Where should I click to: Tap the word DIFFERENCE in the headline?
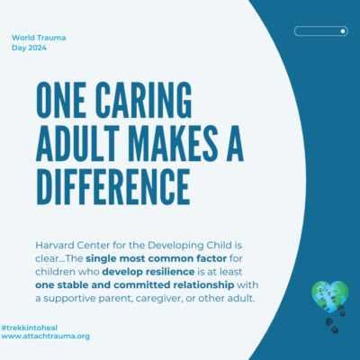click(x=113, y=186)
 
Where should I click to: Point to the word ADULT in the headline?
click(x=78, y=143)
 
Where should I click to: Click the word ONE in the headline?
click(x=61, y=100)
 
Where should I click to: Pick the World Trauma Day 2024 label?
click(x=39, y=42)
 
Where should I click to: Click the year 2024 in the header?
click(x=38, y=48)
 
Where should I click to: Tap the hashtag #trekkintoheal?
click(x=30, y=328)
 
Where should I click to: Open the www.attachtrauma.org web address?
click(x=45, y=337)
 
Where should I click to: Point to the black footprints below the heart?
click(x=336, y=319)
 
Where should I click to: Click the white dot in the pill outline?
click(x=343, y=31)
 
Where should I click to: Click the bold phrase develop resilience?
click(x=148, y=272)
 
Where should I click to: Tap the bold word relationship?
click(x=203, y=285)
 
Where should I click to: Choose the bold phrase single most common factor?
click(x=156, y=258)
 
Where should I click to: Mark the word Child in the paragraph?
click(x=219, y=246)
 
